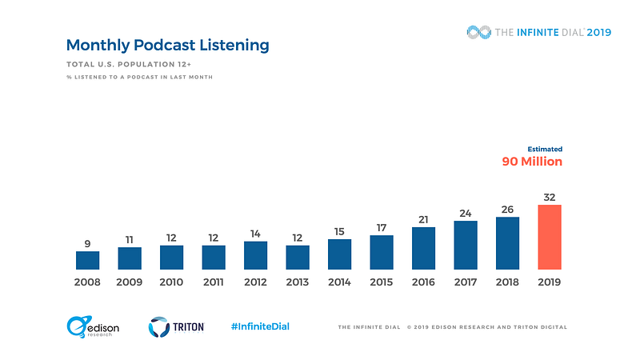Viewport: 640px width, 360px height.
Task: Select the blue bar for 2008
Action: pyautogui.click(x=87, y=260)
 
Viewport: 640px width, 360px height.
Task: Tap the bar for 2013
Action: pyautogui.click(x=298, y=257)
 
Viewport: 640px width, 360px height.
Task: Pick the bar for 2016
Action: pyautogui.click(x=423, y=248)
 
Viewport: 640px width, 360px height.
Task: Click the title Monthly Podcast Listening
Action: pyautogui.click(x=167, y=46)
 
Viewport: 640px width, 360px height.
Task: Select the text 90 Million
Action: pyautogui.click(x=531, y=162)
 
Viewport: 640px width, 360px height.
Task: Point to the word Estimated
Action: pyautogui.click(x=545, y=149)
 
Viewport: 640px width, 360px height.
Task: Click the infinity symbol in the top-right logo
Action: pyautogui.click(x=478, y=32)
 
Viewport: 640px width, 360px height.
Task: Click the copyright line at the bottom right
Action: pyautogui.click(x=452, y=327)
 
